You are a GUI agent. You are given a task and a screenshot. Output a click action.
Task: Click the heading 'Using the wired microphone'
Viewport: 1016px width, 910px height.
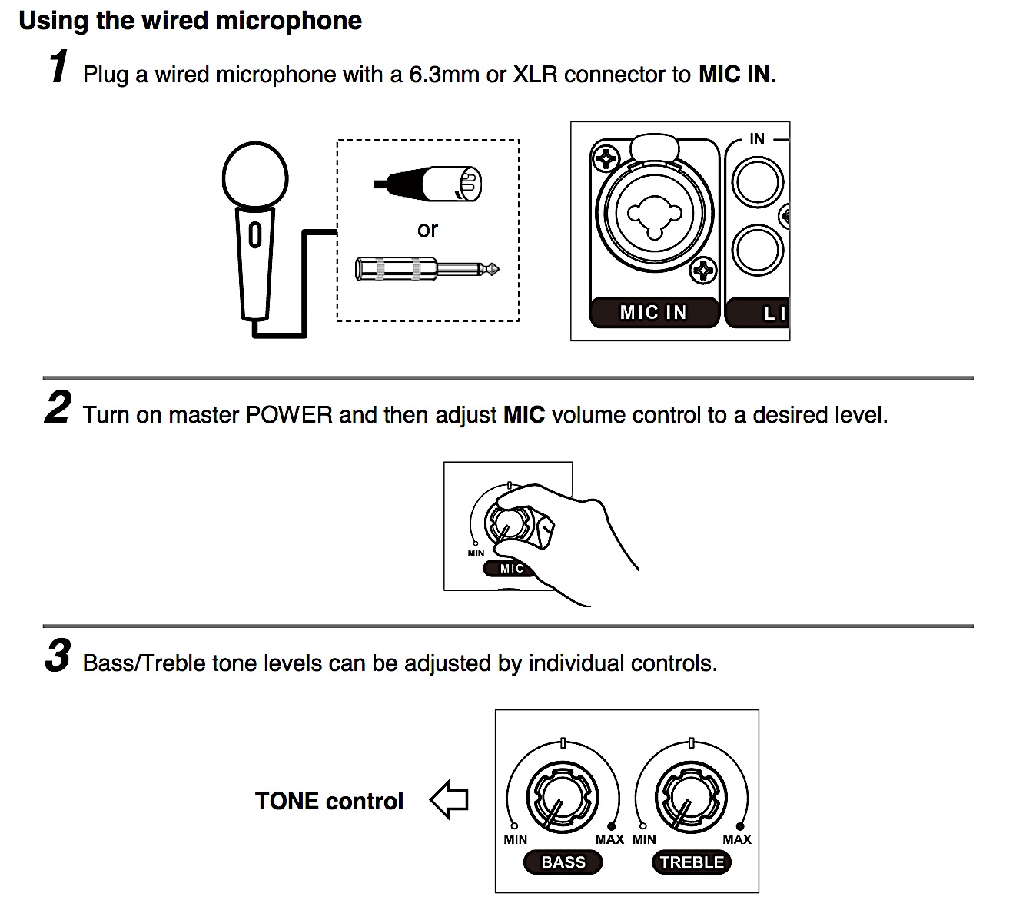pos(190,21)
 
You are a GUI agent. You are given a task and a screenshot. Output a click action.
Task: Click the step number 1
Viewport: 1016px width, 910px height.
pos(58,67)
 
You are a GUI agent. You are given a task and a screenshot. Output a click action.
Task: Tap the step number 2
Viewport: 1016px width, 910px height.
pos(58,407)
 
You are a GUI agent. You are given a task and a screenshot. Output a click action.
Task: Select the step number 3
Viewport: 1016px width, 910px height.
pos(58,656)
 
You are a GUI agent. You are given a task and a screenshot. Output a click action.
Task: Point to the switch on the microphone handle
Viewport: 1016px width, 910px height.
pos(254,235)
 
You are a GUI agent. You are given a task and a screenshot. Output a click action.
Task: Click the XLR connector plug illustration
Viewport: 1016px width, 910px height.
pos(434,184)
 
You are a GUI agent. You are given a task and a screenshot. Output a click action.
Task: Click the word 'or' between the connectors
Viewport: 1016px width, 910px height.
pos(427,229)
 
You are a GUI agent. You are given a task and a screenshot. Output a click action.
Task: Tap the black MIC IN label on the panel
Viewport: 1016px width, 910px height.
pos(653,313)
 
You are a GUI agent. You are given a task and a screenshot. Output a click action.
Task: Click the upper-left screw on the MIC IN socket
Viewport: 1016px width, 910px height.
pos(606,159)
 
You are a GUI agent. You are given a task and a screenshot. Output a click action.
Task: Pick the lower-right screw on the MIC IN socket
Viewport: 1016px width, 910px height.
pos(702,271)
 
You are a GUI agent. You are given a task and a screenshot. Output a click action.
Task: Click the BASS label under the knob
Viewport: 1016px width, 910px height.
pos(563,862)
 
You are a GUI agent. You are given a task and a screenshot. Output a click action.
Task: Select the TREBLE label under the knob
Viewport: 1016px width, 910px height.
pos(692,862)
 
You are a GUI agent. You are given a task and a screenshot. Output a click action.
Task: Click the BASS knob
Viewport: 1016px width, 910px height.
pos(562,800)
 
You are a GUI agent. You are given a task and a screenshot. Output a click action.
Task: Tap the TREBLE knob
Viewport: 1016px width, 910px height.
pos(690,800)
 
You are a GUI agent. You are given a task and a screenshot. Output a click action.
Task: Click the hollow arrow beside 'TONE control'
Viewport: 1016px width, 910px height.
pos(449,800)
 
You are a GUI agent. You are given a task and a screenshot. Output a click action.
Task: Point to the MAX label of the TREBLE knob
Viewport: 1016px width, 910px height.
pos(736,839)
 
